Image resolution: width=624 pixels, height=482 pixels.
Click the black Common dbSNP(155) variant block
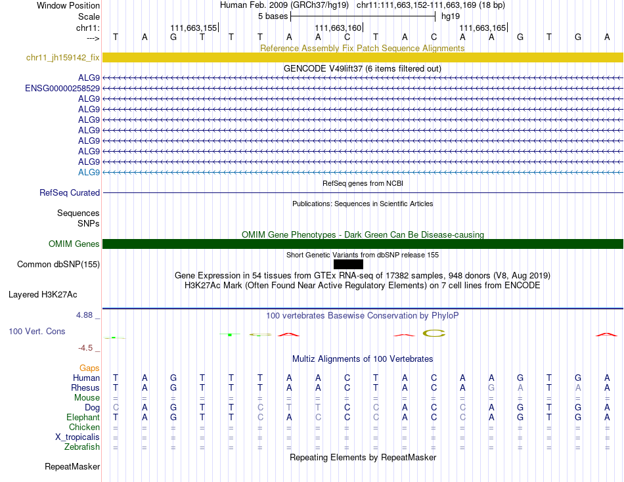click(x=348, y=264)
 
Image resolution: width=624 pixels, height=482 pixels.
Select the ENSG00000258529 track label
click(x=62, y=88)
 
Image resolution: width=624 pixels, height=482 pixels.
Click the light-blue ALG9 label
click(x=89, y=172)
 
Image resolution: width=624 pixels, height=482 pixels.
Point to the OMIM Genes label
click(x=74, y=244)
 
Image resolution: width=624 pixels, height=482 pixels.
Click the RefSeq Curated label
click(x=70, y=193)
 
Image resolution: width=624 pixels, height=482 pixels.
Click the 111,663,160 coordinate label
click(x=338, y=28)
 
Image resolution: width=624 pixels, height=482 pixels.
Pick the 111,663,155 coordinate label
click(x=193, y=28)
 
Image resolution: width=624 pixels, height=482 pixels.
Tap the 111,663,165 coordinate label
click(x=483, y=28)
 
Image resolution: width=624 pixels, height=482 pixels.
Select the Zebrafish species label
click(x=82, y=447)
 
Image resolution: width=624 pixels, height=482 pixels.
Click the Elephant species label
click(x=83, y=418)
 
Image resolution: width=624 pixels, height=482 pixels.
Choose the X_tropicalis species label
click(x=78, y=437)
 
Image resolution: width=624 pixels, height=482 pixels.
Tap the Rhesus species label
click(x=85, y=388)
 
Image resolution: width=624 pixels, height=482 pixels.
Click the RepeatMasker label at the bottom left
click(x=72, y=467)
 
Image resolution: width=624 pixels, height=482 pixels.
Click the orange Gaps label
click(x=89, y=368)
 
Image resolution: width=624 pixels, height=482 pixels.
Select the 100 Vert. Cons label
click(x=37, y=332)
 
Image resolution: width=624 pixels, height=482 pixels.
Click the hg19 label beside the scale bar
click(x=450, y=16)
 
